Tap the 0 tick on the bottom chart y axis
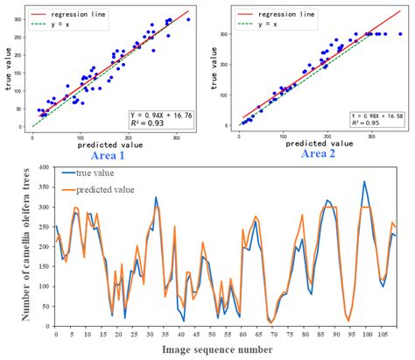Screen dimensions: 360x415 (x=47, y=326)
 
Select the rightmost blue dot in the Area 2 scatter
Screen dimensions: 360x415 (x=400, y=34)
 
